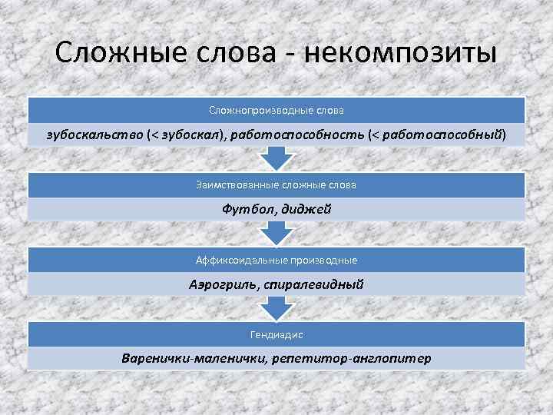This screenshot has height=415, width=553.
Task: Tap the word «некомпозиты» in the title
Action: click(401, 55)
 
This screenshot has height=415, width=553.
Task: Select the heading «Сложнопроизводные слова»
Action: click(276, 111)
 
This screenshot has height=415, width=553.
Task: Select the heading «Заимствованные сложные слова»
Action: click(276, 185)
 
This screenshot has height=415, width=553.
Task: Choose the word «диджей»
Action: click(306, 210)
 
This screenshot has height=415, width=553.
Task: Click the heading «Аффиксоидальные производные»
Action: click(276, 260)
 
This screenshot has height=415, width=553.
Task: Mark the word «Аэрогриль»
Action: click(222, 284)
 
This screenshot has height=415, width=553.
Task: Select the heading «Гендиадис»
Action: click(276, 334)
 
